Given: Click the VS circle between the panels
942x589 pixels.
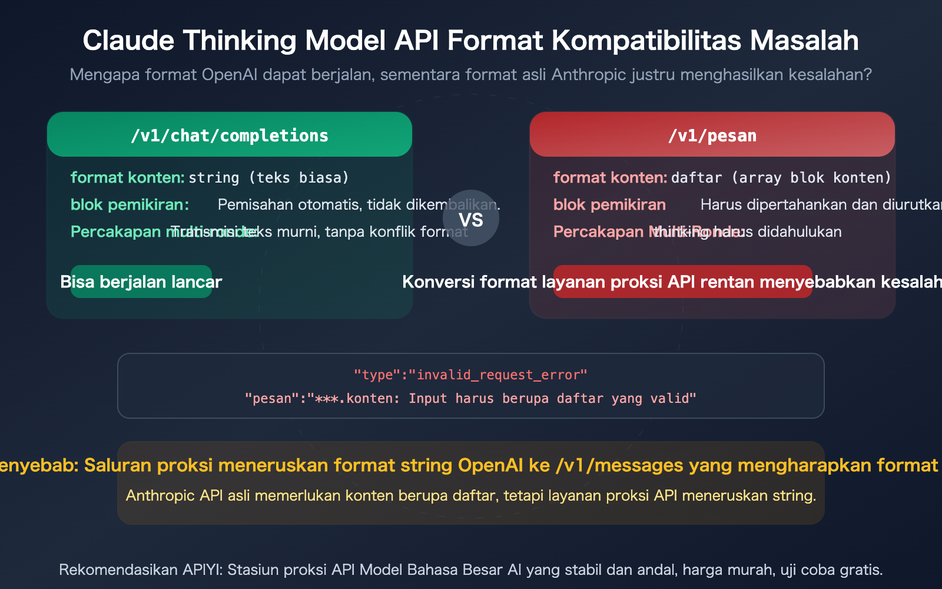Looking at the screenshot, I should (x=471, y=219).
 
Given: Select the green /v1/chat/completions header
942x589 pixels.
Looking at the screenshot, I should (x=230, y=135).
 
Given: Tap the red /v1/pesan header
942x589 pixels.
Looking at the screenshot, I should (x=712, y=135).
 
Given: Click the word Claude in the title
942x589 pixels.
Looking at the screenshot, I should (x=128, y=41).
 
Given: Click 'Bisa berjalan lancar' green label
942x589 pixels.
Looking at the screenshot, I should (x=141, y=282).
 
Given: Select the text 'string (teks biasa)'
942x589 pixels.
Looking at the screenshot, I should (x=269, y=177).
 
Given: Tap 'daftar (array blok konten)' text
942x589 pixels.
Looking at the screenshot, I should (x=781, y=177).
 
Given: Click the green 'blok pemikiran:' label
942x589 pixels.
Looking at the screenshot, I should (x=130, y=204).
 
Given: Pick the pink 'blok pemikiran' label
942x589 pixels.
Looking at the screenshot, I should (x=609, y=204).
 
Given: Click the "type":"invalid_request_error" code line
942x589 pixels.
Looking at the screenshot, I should (x=470, y=375).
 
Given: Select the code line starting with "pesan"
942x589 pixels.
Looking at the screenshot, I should (x=470, y=398).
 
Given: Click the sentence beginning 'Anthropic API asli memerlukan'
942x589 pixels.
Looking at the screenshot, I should (x=471, y=495).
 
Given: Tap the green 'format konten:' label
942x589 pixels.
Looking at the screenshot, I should (x=127, y=177).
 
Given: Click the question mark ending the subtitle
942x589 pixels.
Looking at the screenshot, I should (x=867, y=75).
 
